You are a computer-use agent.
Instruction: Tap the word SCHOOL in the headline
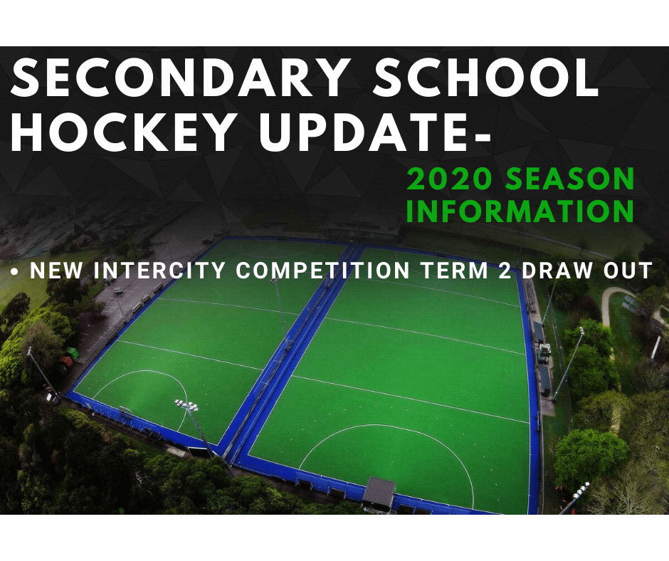486,78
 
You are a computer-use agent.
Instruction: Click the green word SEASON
570,179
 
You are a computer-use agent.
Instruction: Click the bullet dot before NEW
16,271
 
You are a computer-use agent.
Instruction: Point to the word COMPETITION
322,271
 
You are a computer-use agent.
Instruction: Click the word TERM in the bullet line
454,271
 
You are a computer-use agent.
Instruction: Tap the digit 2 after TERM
505,271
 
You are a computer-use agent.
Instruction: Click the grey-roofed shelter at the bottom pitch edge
379,492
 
